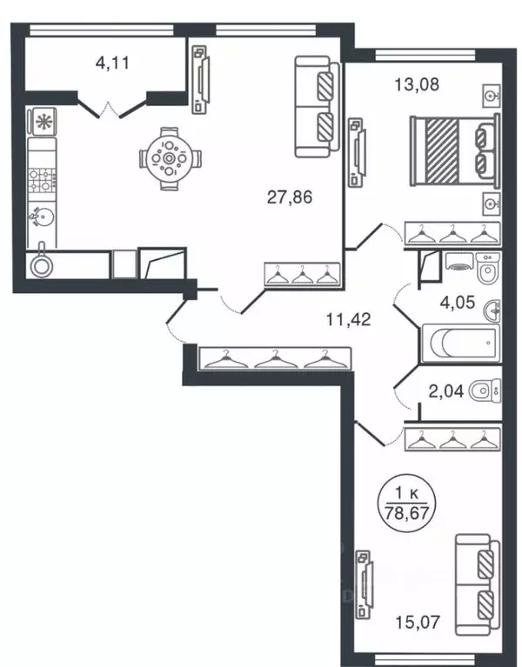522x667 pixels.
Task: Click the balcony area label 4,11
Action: click(x=112, y=63)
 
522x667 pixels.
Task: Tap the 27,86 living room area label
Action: click(x=290, y=197)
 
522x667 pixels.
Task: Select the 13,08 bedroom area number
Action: click(x=417, y=84)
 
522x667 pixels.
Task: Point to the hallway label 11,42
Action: click(x=348, y=319)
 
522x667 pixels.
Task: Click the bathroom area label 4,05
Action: click(x=458, y=303)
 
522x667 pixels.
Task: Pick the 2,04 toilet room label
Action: click(x=446, y=391)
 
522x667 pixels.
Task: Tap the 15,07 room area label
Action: click(x=418, y=623)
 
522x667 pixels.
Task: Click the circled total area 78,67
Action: click(x=406, y=513)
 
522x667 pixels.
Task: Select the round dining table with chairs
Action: click(x=170, y=158)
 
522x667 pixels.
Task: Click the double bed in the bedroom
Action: click(x=454, y=151)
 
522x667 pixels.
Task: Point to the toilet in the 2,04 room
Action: click(x=485, y=390)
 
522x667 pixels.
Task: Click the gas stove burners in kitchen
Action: click(x=42, y=179)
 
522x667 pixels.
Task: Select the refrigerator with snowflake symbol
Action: click(x=42, y=122)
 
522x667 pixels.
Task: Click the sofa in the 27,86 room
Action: click(x=318, y=107)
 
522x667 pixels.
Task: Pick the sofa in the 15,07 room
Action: click(x=478, y=585)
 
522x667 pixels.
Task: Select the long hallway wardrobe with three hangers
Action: click(x=275, y=358)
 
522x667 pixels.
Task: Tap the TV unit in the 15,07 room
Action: click(x=365, y=584)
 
